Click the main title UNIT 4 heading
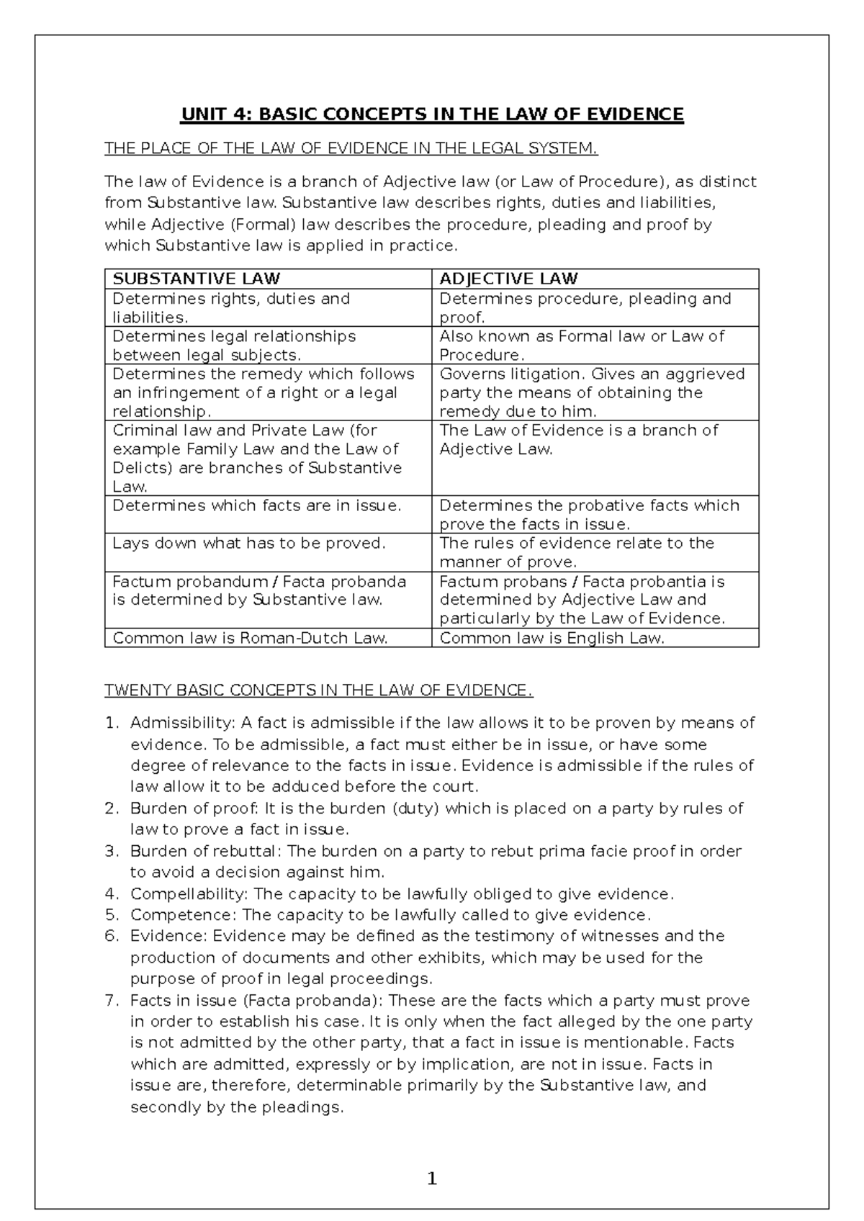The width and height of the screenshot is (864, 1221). click(432, 114)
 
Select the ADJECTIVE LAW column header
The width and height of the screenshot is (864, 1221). click(508, 279)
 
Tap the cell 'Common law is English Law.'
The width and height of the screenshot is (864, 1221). click(552, 638)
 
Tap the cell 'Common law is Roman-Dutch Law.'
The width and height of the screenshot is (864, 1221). click(250, 638)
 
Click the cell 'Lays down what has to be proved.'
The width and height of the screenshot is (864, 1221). click(249, 544)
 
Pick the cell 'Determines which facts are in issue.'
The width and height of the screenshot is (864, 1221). click(256, 506)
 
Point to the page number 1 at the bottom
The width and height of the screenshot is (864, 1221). click(432, 1179)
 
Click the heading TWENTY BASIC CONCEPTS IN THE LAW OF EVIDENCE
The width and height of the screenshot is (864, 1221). click(319, 691)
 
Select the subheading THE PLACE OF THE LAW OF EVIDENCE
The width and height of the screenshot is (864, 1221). click(351, 149)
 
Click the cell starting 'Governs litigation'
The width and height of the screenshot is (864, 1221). click(592, 392)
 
